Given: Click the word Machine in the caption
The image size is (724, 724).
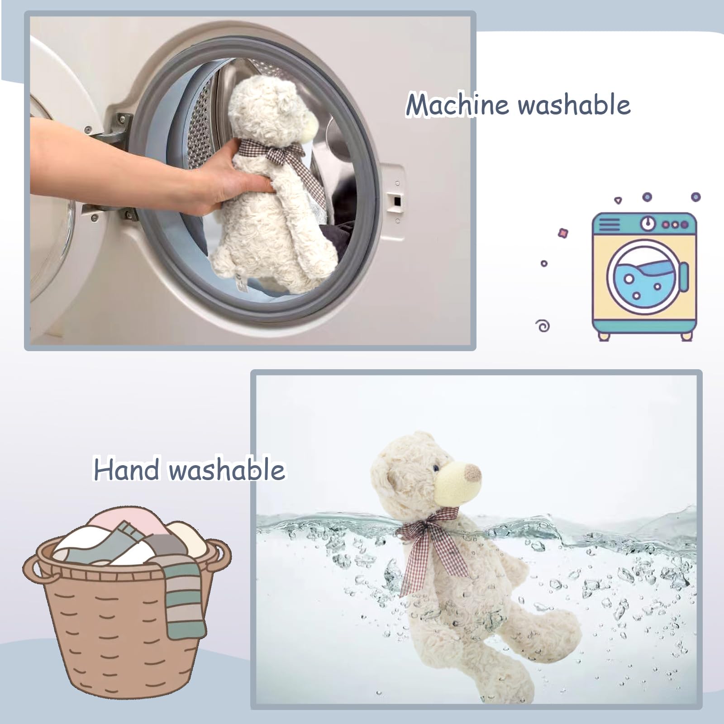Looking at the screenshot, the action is coord(457,105).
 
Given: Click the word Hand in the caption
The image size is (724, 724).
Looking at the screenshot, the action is coord(126,469).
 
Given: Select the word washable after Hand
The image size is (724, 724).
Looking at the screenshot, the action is coord(227,469).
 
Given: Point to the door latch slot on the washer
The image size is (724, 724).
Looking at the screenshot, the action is coord(396,200).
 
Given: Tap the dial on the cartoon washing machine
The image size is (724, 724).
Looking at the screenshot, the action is coord(649,223).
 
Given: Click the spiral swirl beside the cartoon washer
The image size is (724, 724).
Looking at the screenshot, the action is coord(543,326).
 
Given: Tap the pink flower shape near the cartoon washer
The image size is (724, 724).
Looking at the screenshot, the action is coord(563,233).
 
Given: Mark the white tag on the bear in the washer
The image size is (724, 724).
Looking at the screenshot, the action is coord(242,283).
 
